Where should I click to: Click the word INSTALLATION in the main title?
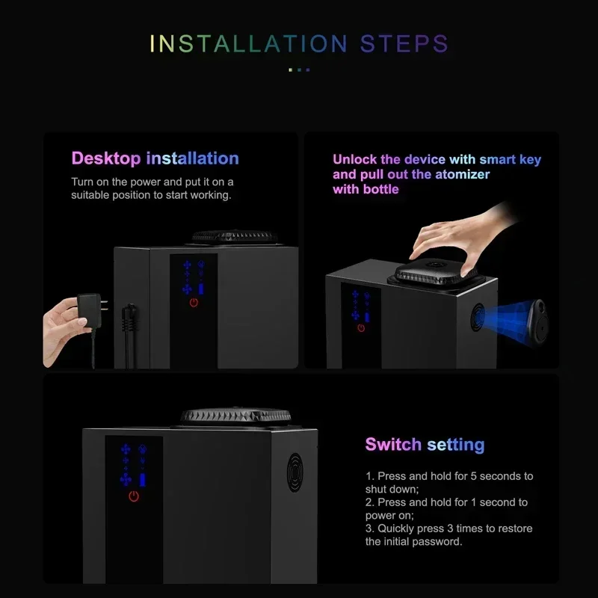click(249, 43)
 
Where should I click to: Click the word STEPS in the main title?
click(404, 43)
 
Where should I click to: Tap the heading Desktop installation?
click(155, 158)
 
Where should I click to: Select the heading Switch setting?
click(425, 445)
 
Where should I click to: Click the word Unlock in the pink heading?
click(355, 159)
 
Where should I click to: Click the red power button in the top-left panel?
click(194, 303)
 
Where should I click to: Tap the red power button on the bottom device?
click(134, 496)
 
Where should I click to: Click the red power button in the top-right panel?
click(361, 327)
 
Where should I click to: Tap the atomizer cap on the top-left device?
click(235, 237)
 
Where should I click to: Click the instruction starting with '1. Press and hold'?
click(449, 482)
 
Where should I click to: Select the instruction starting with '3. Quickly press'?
click(449, 534)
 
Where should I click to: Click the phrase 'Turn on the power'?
click(114, 182)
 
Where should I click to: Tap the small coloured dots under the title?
click(299, 70)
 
